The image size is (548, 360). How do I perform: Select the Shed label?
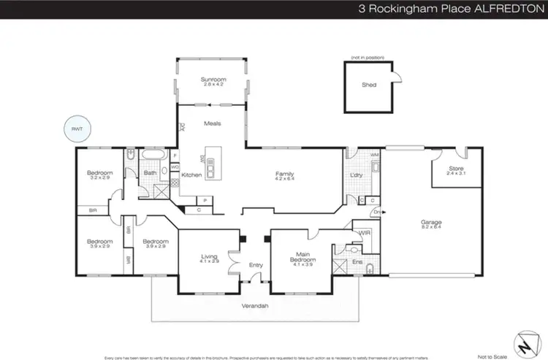pyautogui.click(x=369, y=85)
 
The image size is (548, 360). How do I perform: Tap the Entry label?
pyautogui.click(x=256, y=265)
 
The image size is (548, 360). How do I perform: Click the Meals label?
pyautogui.click(x=212, y=123)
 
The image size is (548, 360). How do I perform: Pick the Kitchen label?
pyautogui.click(x=191, y=175)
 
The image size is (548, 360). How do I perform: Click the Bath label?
pyautogui.click(x=150, y=173)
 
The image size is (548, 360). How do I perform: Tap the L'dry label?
pyautogui.click(x=357, y=175)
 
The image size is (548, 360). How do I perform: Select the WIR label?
pyautogui.click(x=364, y=233)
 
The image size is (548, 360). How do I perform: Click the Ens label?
pyautogui.click(x=358, y=261)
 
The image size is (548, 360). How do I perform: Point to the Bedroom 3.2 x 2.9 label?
pyautogui.click(x=99, y=175)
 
